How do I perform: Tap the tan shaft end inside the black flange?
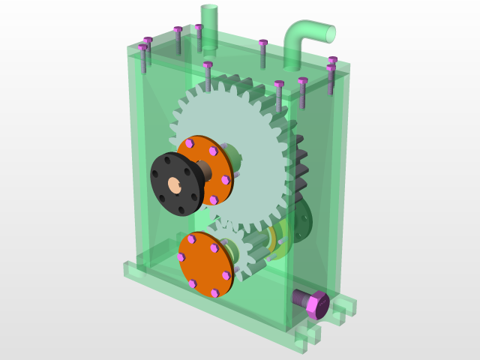coord(175,184)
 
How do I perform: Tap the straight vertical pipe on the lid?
coord(209,26)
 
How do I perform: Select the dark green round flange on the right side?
coord(302,221)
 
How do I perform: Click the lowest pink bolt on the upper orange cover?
coord(214,200)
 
